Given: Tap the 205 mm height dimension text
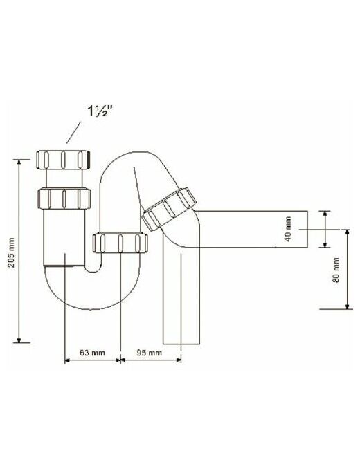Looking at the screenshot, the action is (x=11, y=252).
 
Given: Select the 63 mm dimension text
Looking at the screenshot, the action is (x=92, y=352).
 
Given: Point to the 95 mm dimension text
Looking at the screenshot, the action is (x=149, y=352).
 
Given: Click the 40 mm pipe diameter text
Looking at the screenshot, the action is (x=288, y=229).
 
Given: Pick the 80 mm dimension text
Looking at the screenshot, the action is (x=336, y=270).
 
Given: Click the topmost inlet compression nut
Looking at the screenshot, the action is (x=63, y=160).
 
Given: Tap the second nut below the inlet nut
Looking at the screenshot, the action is (x=64, y=198).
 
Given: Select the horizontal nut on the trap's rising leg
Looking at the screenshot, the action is (x=120, y=243).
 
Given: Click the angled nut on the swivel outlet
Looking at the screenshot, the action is (x=170, y=209).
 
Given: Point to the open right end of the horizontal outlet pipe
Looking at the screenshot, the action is (x=308, y=229).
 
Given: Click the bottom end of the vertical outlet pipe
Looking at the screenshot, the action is (x=181, y=343).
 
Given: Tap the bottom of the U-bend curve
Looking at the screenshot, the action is (x=92, y=308).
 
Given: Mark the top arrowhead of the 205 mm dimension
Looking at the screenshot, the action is (x=19, y=162).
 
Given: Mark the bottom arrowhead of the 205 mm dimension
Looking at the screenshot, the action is (x=19, y=340).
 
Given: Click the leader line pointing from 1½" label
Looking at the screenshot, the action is (x=73, y=132).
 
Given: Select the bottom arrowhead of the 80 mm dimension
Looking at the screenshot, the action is (x=348, y=306).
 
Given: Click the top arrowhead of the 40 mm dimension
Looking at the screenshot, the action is (x=325, y=214).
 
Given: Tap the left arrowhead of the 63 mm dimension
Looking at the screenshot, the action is (x=68, y=359).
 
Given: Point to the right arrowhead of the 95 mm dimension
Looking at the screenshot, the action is (x=179, y=359).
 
